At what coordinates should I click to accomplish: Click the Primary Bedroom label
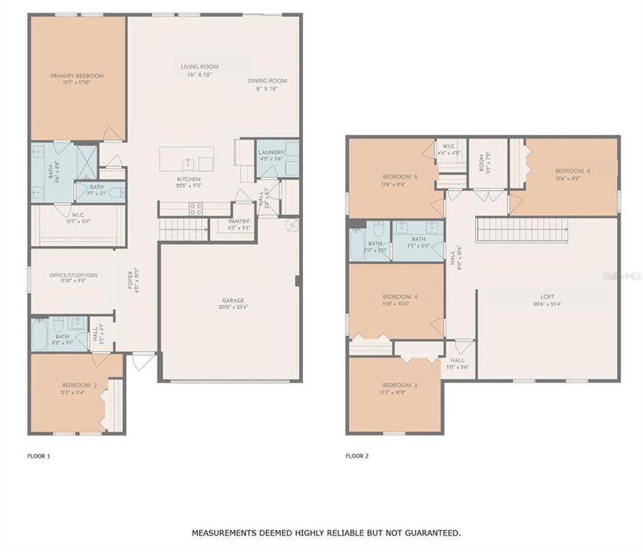[x=77, y=76]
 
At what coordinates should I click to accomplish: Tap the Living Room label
[x=200, y=67]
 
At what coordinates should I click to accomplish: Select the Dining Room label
[x=267, y=80]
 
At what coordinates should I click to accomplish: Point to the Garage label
[x=233, y=301]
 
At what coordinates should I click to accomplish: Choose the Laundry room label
[x=272, y=152]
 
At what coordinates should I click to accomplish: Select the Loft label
[x=547, y=296]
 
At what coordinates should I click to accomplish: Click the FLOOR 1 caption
[x=38, y=456]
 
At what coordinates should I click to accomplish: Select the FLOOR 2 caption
[x=357, y=456]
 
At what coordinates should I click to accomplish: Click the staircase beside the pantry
[x=184, y=228]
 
